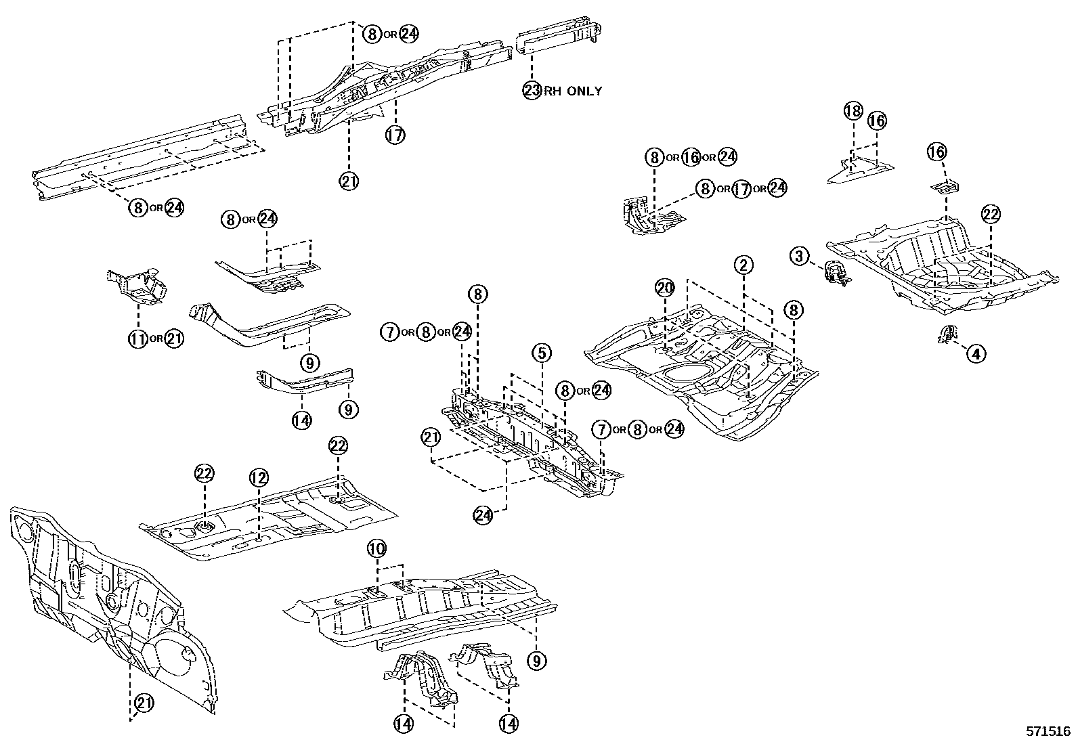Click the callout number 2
click(743, 265)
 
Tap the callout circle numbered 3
click(800, 256)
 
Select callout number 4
click(976, 353)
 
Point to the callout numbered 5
click(541, 352)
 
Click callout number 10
click(376, 547)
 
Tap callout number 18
click(853, 110)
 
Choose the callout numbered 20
click(665, 288)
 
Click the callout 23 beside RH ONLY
click(532, 90)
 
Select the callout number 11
click(138, 338)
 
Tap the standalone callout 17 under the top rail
click(395, 135)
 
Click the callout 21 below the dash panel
click(144, 704)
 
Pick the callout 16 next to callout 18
click(876, 121)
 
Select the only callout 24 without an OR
click(483, 515)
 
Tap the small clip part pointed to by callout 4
click(947, 334)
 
